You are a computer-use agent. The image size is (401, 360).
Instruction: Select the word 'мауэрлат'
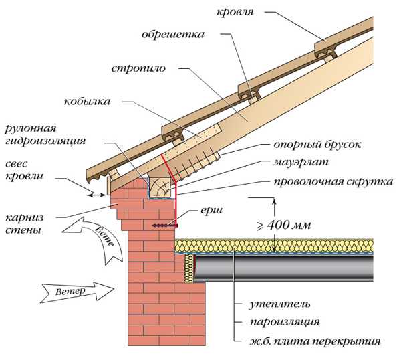[x=299, y=163]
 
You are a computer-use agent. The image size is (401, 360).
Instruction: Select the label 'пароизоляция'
[x=277, y=322]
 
